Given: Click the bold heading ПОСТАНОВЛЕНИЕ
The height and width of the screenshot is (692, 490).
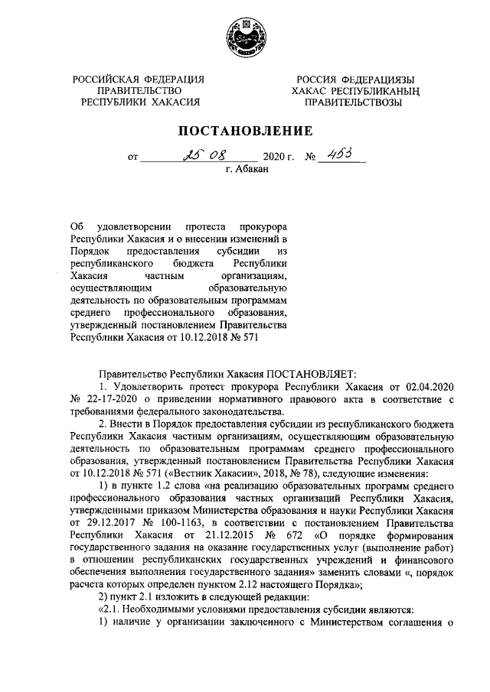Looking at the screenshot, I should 244,131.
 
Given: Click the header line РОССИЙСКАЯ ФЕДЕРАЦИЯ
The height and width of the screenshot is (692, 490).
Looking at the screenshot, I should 139,80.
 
